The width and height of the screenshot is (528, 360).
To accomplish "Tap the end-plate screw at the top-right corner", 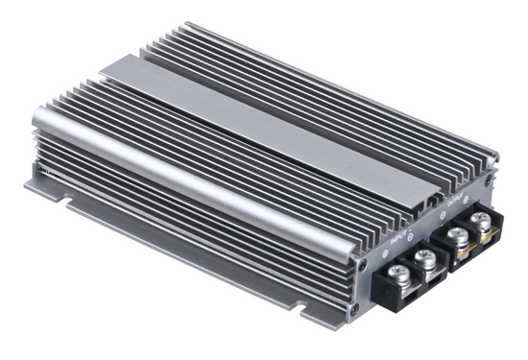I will [x=491, y=180].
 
